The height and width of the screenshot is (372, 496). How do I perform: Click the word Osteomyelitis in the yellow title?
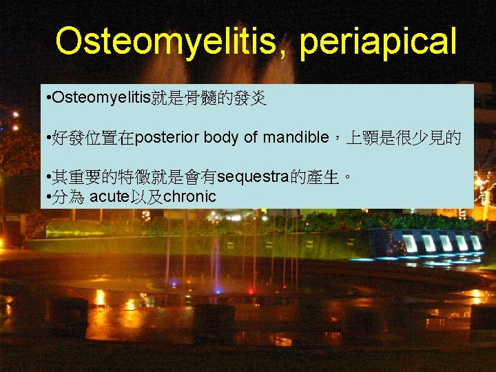point(172,42)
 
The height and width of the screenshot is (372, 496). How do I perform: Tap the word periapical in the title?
point(378,43)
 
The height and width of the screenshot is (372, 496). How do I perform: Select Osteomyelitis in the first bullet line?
point(97,99)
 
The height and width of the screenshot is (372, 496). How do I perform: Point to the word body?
point(222,138)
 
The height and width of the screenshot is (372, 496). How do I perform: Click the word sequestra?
point(252,177)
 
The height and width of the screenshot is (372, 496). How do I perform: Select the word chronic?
point(189,197)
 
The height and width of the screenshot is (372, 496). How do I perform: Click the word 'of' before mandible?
point(251,138)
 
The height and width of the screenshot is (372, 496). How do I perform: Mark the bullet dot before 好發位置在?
point(45,138)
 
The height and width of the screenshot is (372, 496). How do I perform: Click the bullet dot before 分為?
point(45,198)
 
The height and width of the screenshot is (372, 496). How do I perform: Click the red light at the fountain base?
point(251,290)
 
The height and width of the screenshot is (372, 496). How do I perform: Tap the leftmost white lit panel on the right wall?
point(409,242)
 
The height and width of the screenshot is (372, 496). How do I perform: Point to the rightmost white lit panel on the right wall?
point(475,242)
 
